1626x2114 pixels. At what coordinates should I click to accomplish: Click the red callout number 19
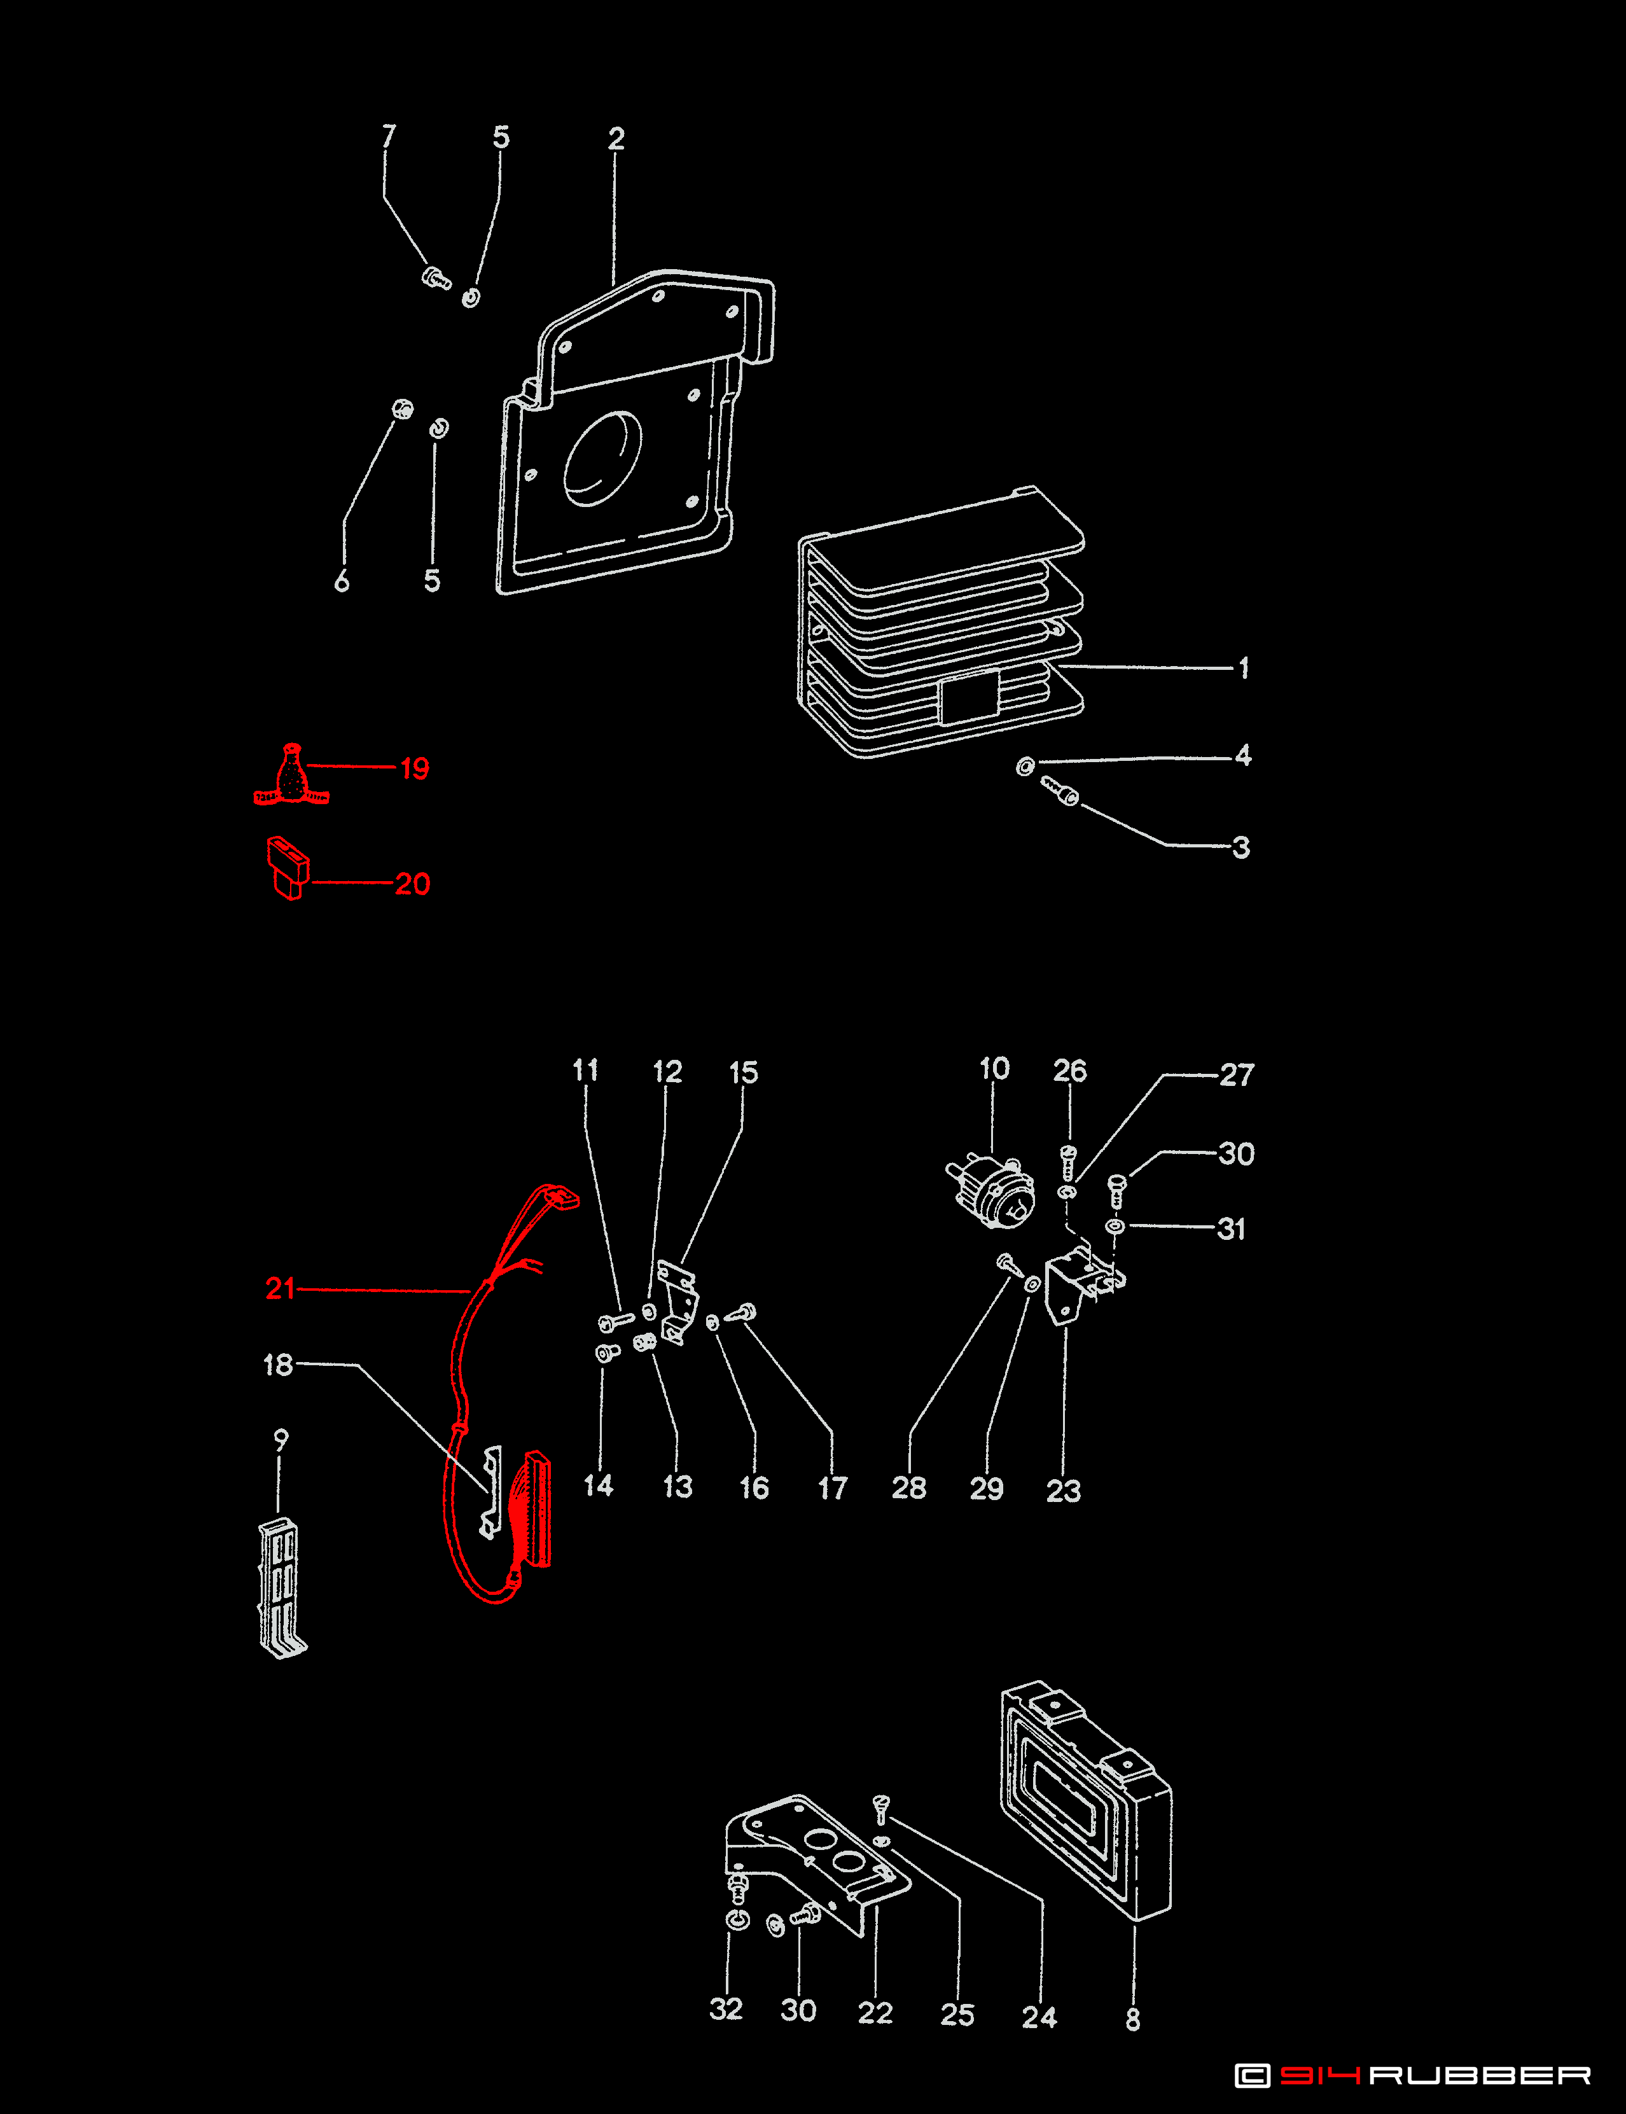(x=414, y=768)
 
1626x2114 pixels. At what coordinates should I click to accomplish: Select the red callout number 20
(x=412, y=884)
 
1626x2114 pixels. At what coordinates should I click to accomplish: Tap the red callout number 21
(x=280, y=1288)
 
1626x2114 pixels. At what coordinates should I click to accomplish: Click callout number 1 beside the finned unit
(x=1244, y=668)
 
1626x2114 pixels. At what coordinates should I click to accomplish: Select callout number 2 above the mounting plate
(x=616, y=139)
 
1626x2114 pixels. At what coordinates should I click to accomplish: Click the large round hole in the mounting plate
(x=602, y=459)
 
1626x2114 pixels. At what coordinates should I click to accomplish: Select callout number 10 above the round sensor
(x=994, y=1069)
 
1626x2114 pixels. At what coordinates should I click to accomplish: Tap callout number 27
(x=1236, y=1075)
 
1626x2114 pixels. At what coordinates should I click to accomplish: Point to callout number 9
(x=281, y=1440)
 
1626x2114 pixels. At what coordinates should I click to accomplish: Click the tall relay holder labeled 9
(x=281, y=1587)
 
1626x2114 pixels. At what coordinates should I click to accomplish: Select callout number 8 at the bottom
(x=1132, y=2020)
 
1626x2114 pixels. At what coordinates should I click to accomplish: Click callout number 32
(x=726, y=2010)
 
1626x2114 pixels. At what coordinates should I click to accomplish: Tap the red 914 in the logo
(x=1319, y=2075)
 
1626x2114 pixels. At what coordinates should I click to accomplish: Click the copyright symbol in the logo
(x=1253, y=2075)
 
